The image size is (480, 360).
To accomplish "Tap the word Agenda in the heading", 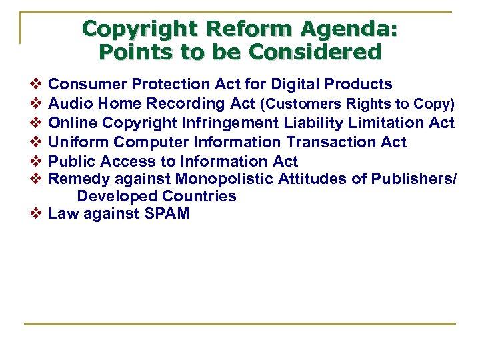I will (349, 29).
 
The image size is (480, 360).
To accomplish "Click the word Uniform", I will (79, 142).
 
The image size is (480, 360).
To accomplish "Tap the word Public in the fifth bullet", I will (73, 161).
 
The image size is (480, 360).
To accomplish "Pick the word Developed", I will (113, 196).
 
